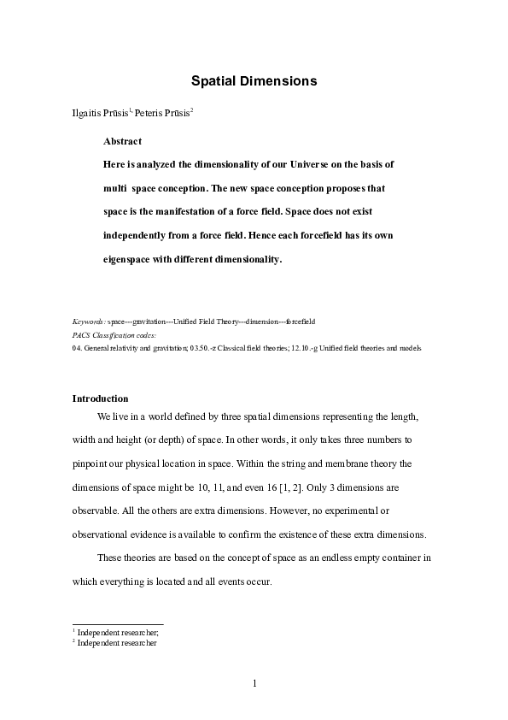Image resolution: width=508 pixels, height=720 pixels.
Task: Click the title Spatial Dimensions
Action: tap(254, 81)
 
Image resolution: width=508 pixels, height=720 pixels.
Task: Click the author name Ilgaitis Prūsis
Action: tap(99, 113)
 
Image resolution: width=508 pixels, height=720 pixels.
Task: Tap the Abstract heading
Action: tap(122, 141)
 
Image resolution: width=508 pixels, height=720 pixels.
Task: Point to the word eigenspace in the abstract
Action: tap(130, 258)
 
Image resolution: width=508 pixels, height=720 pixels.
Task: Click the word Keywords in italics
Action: tap(89, 322)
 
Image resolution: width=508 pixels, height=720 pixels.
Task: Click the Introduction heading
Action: tap(100, 398)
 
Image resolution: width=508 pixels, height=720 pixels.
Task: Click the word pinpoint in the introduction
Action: tap(91, 463)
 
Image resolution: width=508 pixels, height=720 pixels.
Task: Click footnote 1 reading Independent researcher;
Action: tap(112, 631)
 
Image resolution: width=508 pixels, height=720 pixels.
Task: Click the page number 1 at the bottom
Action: tap(254, 684)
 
